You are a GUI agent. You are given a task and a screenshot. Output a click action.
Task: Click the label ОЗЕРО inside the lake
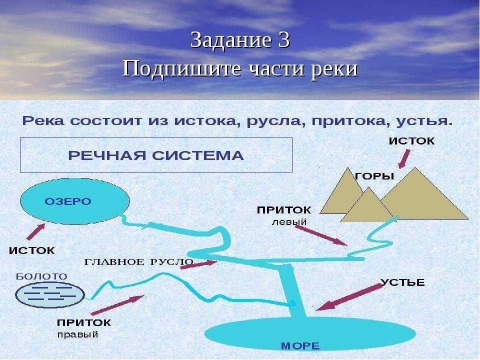[68, 201]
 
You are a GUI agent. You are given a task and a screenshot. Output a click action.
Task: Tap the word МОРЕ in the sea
[300, 346]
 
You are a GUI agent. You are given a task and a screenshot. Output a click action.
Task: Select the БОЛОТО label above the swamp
[41, 276]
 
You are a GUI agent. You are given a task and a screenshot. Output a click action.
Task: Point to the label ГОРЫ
[374, 176]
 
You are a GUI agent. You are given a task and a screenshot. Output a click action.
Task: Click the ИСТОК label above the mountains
[411, 141]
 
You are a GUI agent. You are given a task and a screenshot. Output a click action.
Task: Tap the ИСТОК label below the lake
[32, 250]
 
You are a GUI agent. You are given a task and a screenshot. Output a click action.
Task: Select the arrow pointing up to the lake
[36, 231]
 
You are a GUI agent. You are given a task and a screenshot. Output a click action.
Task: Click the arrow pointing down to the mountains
[404, 159]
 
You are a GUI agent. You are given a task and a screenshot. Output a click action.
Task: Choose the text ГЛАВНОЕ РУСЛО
[138, 262]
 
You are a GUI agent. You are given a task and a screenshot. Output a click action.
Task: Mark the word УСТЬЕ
[402, 282]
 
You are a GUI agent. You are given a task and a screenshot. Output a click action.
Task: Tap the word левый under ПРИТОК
[289, 222]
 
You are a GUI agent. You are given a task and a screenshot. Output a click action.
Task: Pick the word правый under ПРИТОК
[78, 334]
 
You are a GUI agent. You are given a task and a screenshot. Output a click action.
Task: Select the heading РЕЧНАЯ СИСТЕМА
[156, 155]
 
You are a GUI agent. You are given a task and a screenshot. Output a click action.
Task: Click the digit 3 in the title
[284, 40]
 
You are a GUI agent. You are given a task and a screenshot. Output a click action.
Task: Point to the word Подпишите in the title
[181, 68]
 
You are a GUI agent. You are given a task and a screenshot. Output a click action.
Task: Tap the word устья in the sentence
[424, 121]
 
